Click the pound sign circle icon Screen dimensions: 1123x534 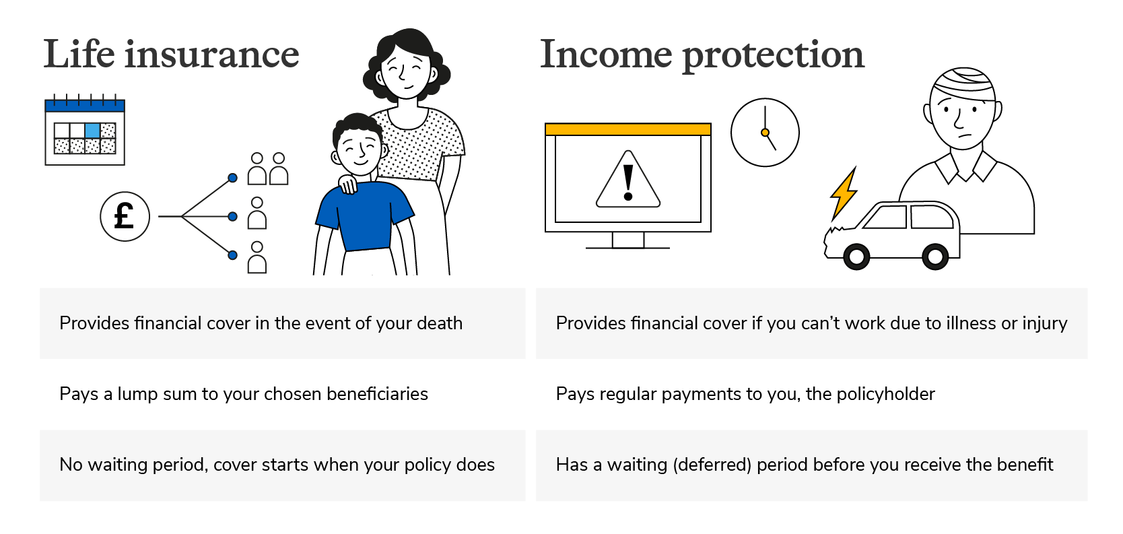(125, 217)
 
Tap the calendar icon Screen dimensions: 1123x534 (85, 130)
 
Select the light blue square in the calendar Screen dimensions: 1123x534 (92, 131)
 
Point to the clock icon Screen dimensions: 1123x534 (765, 133)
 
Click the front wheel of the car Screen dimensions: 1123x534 (856, 257)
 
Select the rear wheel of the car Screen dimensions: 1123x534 (935, 257)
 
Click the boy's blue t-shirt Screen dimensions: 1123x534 (364, 215)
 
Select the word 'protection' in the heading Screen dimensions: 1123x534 (774, 56)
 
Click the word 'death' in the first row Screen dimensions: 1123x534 (439, 323)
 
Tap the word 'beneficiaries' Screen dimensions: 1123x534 (378, 394)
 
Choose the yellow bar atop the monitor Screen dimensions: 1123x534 (627, 129)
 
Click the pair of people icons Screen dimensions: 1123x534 (268, 169)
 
